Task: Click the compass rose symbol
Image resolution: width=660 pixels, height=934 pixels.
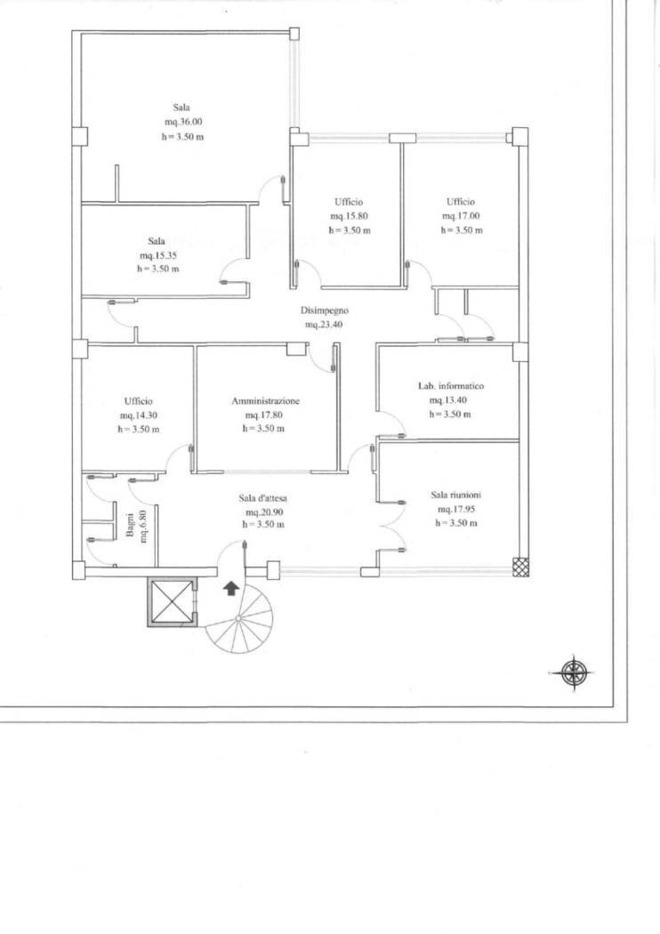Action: (x=574, y=672)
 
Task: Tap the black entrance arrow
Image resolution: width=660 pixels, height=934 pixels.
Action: (x=230, y=588)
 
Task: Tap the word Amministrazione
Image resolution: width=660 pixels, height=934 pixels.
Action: (x=265, y=401)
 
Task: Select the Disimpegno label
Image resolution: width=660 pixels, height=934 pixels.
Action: (x=324, y=311)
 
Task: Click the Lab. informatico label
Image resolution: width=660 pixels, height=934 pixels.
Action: (x=450, y=387)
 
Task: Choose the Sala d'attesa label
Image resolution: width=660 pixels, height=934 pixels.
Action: (x=264, y=498)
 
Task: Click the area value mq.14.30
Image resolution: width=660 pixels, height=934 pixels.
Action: (x=139, y=415)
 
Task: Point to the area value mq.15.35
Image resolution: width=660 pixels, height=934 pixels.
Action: (x=157, y=254)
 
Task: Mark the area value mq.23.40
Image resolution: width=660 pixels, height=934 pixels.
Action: (x=324, y=326)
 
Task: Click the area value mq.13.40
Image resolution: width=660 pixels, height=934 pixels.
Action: (x=449, y=400)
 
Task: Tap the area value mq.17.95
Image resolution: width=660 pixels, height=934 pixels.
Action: (x=456, y=510)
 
